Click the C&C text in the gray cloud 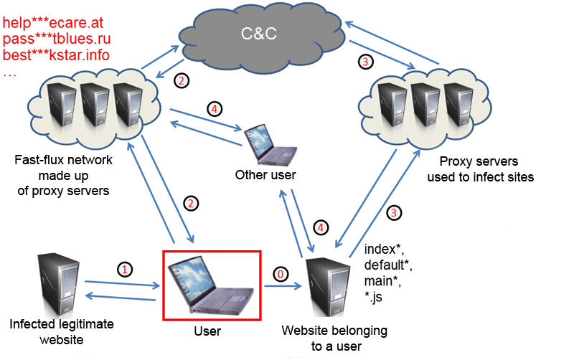pyautogui.click(x=258, y=34)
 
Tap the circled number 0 pyautogui.click(x=281, y=274)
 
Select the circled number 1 pyautogui.click(x=125, y=270)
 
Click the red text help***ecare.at pyautogui.click(x=53, y=23)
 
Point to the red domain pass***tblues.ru pyautogui.click(x=57, y=39)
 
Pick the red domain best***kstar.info pyautogui.click(x=56, y=55)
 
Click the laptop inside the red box pyautogui.click(x=210, y=285)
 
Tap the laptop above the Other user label pyautogui.click(x=270, y=145)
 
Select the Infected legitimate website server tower pyautogui.click(x=59, y=284)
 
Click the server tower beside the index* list pyautogui.click(x=327, y=287)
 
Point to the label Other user pyautogui.click(x=265, y=175)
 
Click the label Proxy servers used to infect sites pyautogui.click(x=480, y=169)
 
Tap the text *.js pyautogui.click(x=373, y=297)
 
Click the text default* pyautogui.click(x=388, y=265)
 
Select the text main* pyautogui.click(x=382, y=281)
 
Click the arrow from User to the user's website pyautogui.click(x=283, y=286)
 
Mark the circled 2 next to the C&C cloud pyautogui.click(x=182, y=80)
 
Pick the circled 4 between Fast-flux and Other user pyautogui.click(x=215, y=109)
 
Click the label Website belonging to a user pyautogui.click(x=334, y=338)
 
